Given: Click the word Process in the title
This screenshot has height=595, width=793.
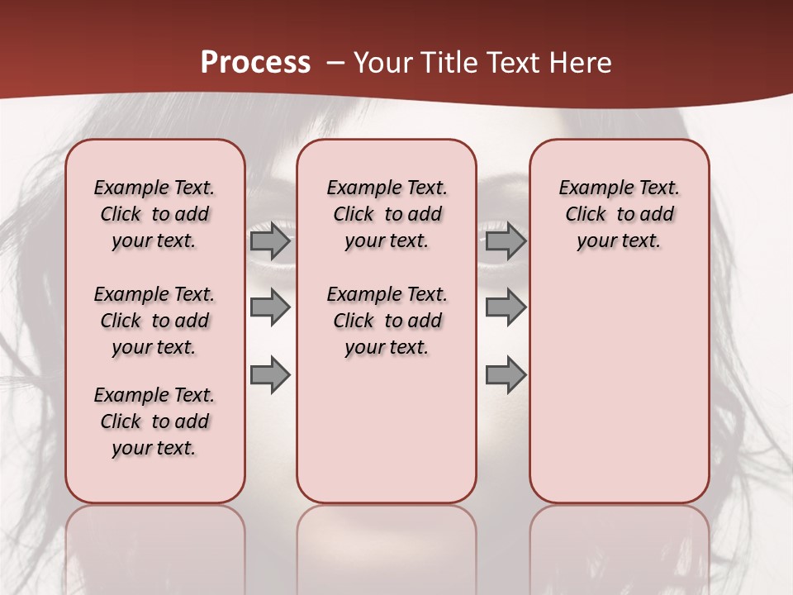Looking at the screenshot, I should pyautogui.click(x=255, y=63).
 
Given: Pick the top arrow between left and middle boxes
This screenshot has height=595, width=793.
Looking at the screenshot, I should pyautogui.click(x=270, y=241).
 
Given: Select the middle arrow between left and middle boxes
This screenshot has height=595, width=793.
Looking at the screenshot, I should pyautogui.click(x=270, y=308).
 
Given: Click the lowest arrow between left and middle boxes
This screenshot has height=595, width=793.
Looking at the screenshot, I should pyautogui.click(x=270, y=374).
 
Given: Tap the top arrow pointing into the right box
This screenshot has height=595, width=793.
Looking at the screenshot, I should pyautogui.click(x=506, y=241).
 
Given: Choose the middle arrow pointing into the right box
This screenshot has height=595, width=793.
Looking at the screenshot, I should pyautogui.click(x=506, y=308).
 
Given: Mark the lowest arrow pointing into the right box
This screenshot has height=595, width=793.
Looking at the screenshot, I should pyautogui.click(x=506, y=374).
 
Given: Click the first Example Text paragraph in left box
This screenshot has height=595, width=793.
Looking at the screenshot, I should pyautogui.click(x=154, y=214).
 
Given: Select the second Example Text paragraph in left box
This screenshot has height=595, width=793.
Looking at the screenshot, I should pyautogui.click(x=154, y=321).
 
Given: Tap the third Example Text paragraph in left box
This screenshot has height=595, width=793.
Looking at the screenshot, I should pyautogui.click(x=154, y=421).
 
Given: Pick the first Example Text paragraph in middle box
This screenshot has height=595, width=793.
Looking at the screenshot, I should pyautogui.click(x=387, y=214).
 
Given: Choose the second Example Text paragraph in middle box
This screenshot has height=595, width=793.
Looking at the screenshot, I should pyautogui.click(x=387, y=321).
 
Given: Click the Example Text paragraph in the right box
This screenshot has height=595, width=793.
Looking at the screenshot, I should pyautogui.click(x=619, y=214).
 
